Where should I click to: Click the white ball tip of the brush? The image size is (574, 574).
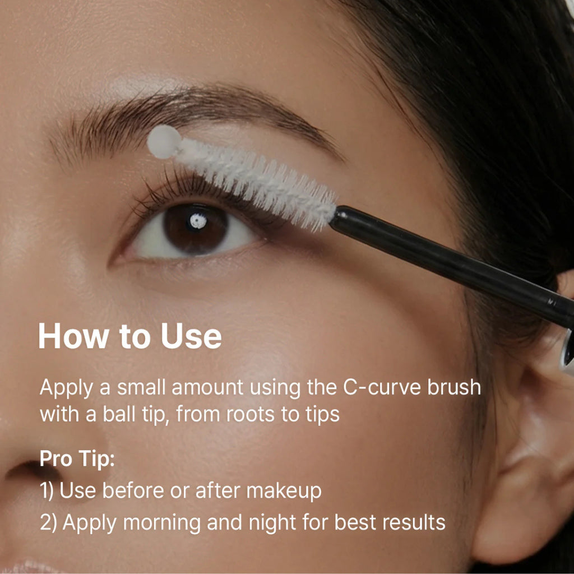pos(164,142)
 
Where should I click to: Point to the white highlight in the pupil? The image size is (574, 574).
pos(198,221)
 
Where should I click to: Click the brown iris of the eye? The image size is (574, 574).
pos(196,229)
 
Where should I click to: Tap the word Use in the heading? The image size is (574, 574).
pos(191,336)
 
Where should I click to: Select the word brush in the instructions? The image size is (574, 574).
pos(454,387)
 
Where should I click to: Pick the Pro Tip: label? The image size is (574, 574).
pos(77,459)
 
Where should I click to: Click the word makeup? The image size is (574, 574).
pos(284,491)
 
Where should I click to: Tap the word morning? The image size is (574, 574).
pos(161,523)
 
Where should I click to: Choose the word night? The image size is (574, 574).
pos(272,523)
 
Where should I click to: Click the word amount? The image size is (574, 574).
pos(207,387)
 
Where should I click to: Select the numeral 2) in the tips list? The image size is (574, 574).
pos(48,523)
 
